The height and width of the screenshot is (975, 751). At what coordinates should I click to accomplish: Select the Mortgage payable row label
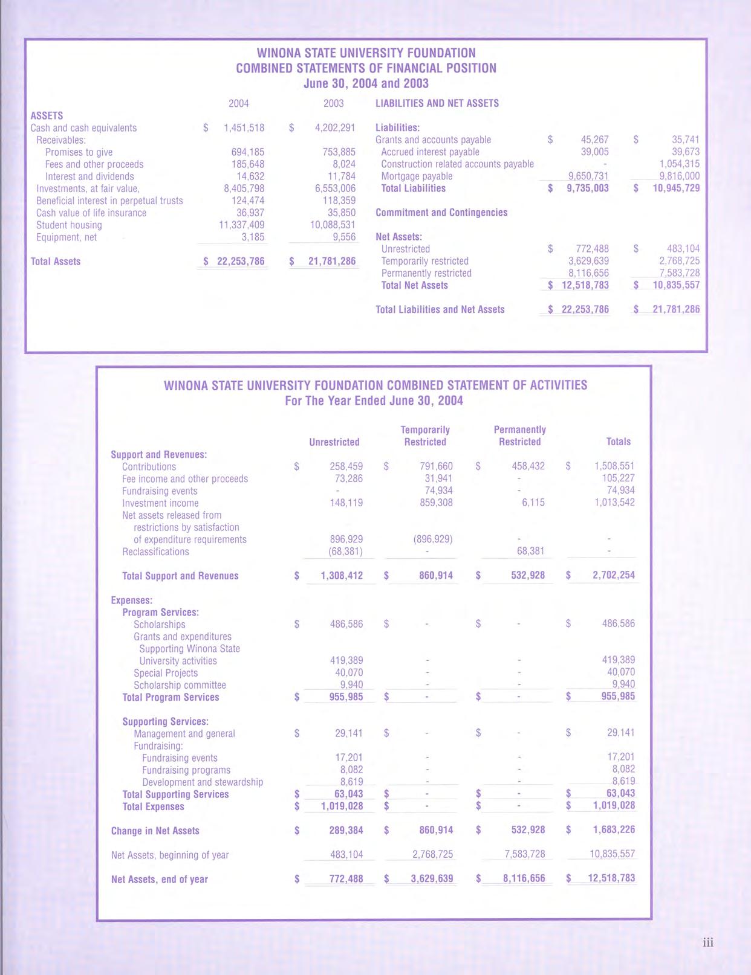[417, 176]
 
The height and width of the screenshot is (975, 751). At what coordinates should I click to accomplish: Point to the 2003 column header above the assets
[334, 103]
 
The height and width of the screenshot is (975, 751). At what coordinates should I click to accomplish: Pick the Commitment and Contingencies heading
[441, 213]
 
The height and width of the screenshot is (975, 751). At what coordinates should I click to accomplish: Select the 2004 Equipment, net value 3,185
[252, 237]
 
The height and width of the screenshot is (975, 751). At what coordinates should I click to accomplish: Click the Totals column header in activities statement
[618, 442]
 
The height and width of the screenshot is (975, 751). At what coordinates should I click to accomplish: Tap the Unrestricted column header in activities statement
[334, 442]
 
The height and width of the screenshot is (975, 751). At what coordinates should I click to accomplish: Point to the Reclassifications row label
[155, 552]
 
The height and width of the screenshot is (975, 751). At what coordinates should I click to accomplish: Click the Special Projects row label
[166, 673]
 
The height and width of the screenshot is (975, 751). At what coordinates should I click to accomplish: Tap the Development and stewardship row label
[202, 782]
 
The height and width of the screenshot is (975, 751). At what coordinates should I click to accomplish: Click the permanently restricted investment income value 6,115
[532, 503]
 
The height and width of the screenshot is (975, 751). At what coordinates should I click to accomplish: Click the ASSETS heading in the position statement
[47, 115]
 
